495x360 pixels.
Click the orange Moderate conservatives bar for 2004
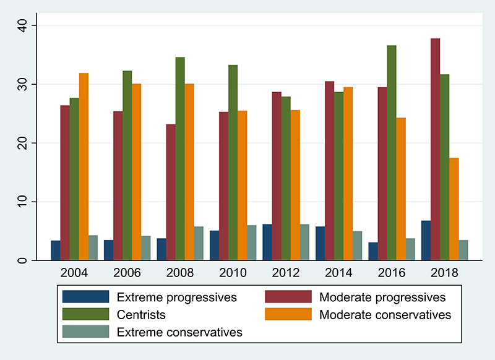pyautogui.click(x=84, y=166)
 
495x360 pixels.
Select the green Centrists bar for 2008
pyautogui.click(x=180, y=159)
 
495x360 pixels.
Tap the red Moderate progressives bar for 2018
pyautogui.click(x=436, y=150)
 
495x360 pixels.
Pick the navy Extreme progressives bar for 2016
pyautogui.click(x=373, y=252)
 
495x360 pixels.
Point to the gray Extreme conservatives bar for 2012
pyautogui.click(x=304, y=242)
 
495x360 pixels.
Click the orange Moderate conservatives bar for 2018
pyautogui.click(x=454, y=209)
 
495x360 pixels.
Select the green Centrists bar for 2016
pyautogui.click(x=392, y=153)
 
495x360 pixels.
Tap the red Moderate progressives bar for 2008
pyautogui.click(x=171, y=192)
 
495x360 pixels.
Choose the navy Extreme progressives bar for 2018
pyautogui.click(x=426, y=241)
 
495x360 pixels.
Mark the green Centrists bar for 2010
pyautogui.click(x=233, y=163)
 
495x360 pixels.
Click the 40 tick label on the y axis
pyautogui.click(x=23, y=25)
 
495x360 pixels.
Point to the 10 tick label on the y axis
pyautogui.click(x=23, y=202)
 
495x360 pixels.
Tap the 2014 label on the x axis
pyautogui.click(x=338, y=273)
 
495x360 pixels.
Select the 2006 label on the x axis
pyautogui.click(x=127, y=273)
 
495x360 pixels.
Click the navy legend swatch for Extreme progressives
pyautogui.click(x=86, y=296)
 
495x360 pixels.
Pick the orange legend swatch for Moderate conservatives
pyautogui.click(x=288, y=314)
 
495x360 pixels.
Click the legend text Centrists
pyautogui.click(x=141, y=315)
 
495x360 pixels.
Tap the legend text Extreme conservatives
pyautogui.click(x=179, y=332)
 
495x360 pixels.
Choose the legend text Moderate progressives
pyautogui.click(x=382, y=297)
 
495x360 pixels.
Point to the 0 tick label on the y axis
pyautogui.click(x=23, y=260)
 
